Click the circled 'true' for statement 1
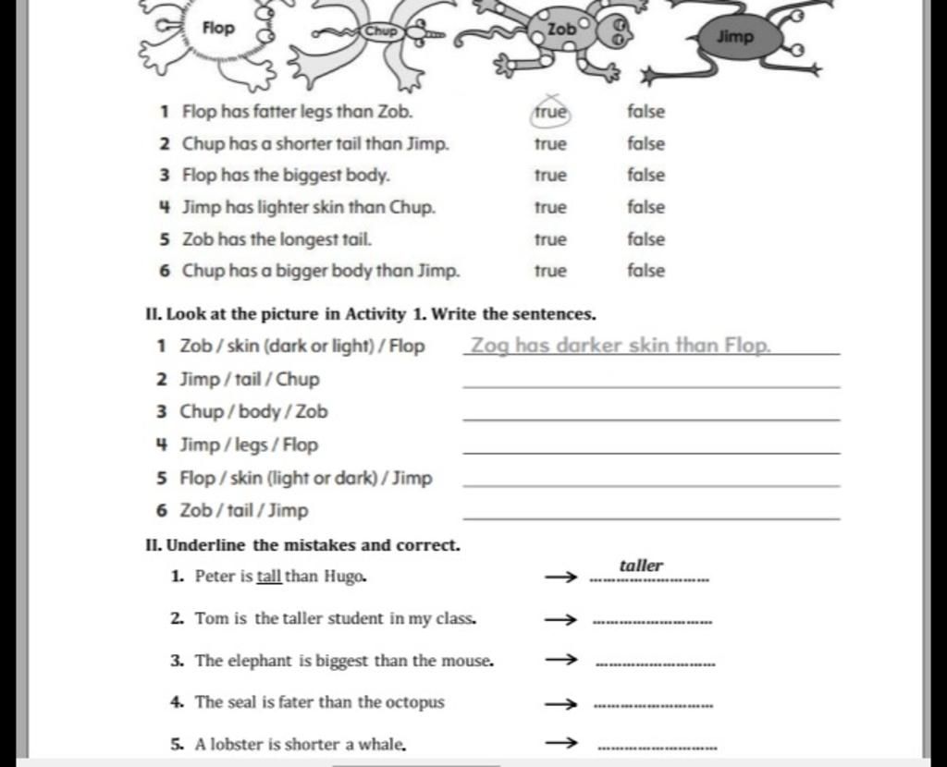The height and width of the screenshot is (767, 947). [550, 112]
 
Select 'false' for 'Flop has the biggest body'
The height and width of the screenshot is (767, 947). [646, 176]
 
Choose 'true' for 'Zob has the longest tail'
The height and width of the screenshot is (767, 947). [550, 239]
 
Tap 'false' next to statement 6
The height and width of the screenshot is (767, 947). [646, 271]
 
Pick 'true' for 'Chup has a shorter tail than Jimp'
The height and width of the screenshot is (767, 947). [550, 144]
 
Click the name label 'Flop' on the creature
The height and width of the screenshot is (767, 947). [218, 28]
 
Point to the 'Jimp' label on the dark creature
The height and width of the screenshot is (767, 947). [735, 37]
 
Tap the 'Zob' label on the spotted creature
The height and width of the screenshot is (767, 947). [561, 30]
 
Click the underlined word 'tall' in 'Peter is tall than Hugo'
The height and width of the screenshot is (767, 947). [269, 577]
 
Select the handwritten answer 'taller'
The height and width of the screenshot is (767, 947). [641, 566]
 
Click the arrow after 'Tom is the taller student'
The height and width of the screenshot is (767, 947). [560, 619]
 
